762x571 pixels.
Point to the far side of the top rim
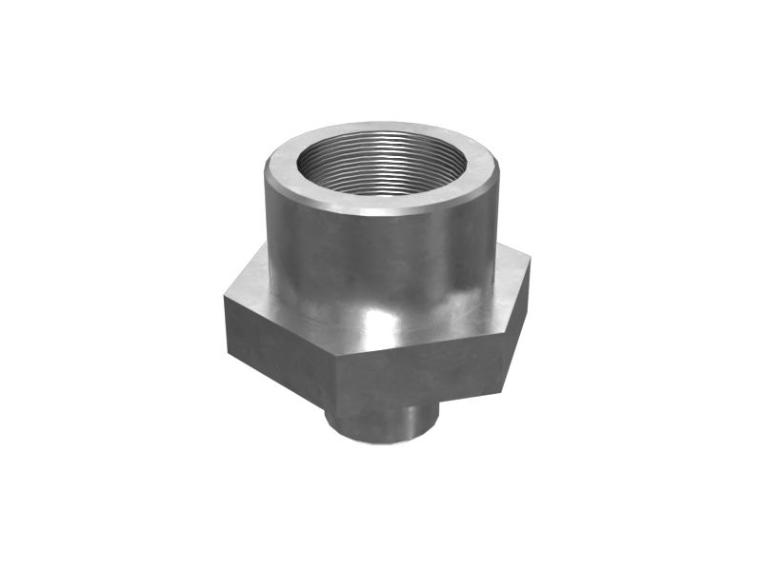[381, 128]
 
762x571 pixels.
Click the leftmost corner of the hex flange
[224, 297]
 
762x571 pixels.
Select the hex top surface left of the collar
[250, 285]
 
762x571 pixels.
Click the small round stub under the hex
[381, 423]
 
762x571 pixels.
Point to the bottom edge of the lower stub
[381, 443]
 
